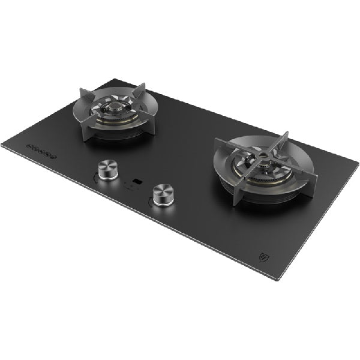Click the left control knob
point(108,170)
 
